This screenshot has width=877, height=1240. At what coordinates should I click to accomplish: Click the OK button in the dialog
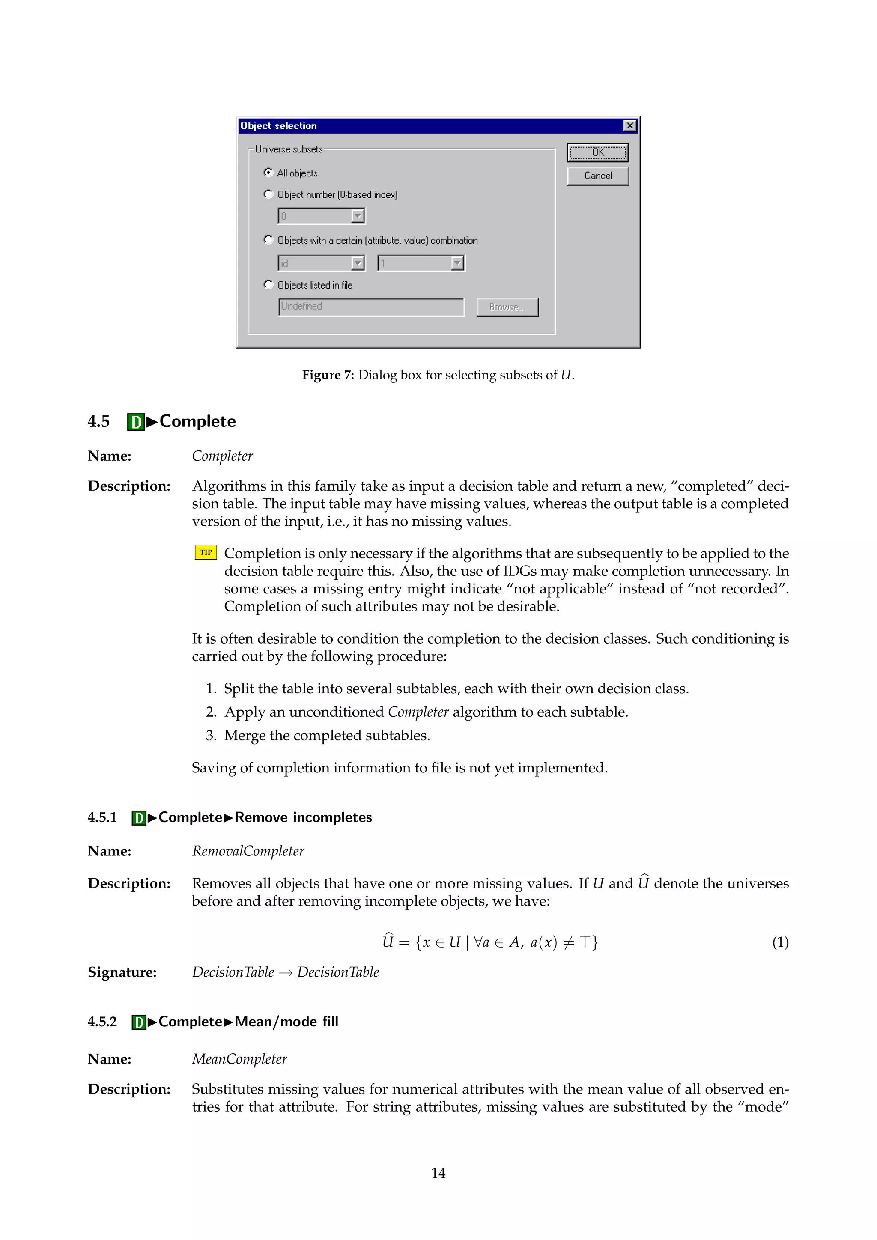coord(597,153)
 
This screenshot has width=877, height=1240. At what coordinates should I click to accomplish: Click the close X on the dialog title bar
coord(629,126)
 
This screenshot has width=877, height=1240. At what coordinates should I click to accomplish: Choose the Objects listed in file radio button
coord(268,285)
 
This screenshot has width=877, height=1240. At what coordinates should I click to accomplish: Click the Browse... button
coord(507,307)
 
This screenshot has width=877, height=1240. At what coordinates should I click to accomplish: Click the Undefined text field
coord(371,307)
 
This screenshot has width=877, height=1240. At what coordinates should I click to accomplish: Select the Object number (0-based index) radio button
coord(268,194)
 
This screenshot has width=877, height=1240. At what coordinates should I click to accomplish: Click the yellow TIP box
coord(206,552)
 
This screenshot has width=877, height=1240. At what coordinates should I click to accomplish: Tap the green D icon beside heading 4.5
coord(136,422)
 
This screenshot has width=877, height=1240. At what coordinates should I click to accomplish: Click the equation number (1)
coord(780,942)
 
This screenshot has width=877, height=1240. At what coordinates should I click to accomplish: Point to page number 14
coord(438,1173)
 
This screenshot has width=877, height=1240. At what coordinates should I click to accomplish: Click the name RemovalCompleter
coord(248,851)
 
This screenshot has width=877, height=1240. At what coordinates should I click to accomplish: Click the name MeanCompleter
coord(239,1059)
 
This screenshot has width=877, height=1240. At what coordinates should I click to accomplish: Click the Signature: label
coord(122,972)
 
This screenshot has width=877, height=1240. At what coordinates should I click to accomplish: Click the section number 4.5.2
coord(102,1022)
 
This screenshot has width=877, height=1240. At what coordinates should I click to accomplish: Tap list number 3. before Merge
coord(211,736)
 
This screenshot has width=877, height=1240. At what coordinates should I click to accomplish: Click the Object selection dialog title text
coord(279,126)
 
